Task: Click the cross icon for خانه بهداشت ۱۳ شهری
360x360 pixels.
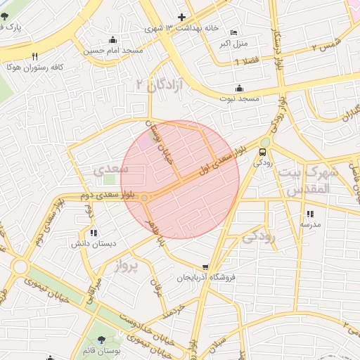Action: pos(182,17)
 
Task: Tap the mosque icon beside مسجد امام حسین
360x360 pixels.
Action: pos(113,39)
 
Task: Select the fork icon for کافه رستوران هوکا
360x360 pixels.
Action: pos(34,56)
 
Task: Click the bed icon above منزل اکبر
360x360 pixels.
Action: pos(234,33)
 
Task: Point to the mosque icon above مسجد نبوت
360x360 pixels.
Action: pos(240,89)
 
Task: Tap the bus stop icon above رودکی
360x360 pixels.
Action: pos(263,151)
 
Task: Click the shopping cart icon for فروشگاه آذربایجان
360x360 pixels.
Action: pos(205,267)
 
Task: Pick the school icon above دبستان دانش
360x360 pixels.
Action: pos(94,233)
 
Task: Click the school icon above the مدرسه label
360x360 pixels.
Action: pos(309,214)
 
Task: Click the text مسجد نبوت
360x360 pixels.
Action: pos(238,100)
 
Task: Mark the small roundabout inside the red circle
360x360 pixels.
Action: pos(145,198)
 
